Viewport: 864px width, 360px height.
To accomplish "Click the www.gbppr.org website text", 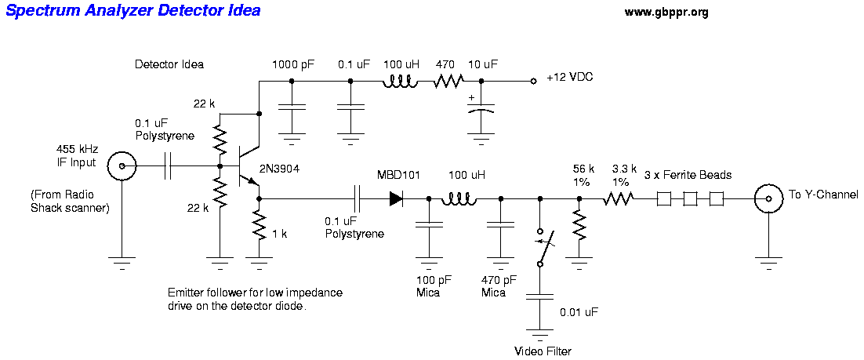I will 666,12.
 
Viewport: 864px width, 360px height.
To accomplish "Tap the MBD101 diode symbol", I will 396,199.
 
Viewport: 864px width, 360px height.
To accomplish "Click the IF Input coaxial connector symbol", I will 123,167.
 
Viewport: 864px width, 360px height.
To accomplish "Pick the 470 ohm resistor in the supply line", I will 449,81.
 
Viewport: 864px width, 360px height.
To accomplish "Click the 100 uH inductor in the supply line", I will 400,81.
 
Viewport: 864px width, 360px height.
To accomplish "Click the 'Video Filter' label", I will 543,351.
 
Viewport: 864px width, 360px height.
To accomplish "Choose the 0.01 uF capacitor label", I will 579,311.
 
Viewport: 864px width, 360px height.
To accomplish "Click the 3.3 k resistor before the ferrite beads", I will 618,199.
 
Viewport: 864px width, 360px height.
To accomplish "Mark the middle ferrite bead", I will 690,199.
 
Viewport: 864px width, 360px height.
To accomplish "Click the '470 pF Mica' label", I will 499,285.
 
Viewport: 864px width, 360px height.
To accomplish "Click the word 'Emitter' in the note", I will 186,293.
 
